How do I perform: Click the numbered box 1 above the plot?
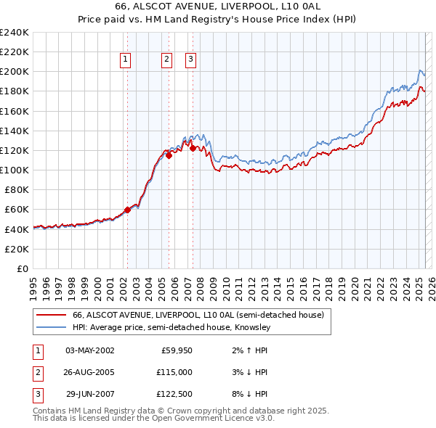(x=126, y=60)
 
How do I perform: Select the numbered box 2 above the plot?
(x=166, y=60)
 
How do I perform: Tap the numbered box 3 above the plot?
(x=190, y=60)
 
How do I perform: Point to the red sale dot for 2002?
(x=127, y=210)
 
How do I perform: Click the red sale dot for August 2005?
(x=169, y=155)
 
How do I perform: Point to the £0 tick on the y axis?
(x=23, y=268)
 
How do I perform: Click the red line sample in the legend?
(x=51, y=316)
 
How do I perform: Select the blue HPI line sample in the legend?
(x=51, y=328)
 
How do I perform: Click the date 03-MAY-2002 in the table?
(x=90, y=350)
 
